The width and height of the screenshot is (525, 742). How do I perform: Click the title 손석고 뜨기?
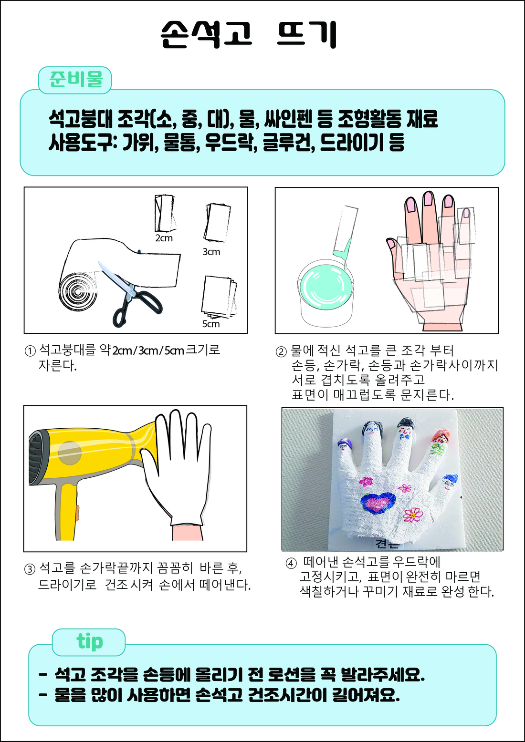[249, 34]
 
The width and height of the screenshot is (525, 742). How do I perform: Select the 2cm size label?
[164, 238]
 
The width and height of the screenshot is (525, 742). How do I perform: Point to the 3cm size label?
[211, 252]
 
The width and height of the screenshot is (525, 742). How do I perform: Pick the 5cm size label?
[211, 324]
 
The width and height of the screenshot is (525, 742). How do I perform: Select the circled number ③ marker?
[30, 569]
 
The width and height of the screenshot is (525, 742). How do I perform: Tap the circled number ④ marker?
[291, 563]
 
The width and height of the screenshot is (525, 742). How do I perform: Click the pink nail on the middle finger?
[429, 198]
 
